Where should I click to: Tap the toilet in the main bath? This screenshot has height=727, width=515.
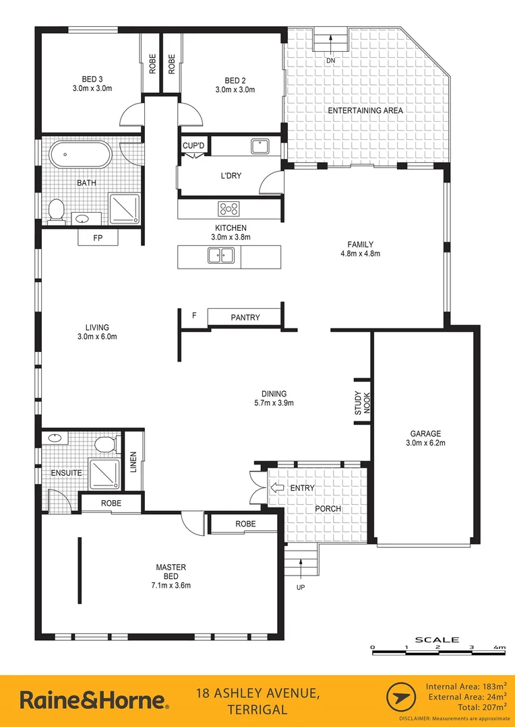click(x=57, y=210)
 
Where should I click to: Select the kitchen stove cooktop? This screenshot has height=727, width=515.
click(x=229, y=208)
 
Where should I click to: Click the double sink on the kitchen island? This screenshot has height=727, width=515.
click(x=220, y=255)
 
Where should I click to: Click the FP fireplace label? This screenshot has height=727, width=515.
click(x=98, y=238)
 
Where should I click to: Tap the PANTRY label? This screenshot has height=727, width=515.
click(x=245, y=317)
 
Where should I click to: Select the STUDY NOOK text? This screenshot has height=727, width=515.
click(x=363, y=403)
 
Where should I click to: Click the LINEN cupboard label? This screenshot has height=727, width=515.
click(x=133, y=461)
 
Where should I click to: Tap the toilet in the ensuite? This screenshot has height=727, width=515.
click(x=105, y=444)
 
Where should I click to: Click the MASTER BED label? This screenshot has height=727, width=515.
click(x=171, y=576)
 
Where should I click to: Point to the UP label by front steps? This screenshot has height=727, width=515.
click(x=300, y=588)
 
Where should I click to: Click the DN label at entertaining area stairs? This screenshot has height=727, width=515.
click(x=330, y=61)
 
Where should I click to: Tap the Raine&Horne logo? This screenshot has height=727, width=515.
click(x=94, y=700)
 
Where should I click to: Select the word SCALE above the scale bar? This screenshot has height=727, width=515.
click(x=437, y=639)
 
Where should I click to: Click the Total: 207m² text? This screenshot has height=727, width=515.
click(x=477, y=707)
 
